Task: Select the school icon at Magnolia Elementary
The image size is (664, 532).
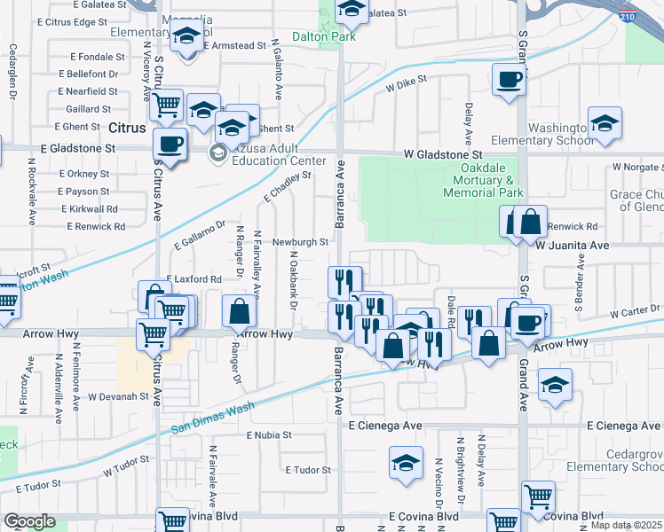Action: coord(186,37)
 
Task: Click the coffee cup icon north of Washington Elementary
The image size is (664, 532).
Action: coord(510,80)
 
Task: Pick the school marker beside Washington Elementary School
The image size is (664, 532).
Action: coord(605,123)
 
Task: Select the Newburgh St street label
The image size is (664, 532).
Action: coord(301,241)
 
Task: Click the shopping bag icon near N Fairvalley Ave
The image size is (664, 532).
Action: coord(240,311)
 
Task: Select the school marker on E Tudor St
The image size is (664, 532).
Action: coord(406,463)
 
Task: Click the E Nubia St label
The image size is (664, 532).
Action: coord(269,435)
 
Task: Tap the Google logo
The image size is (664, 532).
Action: coord(29,521)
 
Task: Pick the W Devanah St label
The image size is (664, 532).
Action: coord(116,395)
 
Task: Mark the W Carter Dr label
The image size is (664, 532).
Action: coord(635,312)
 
